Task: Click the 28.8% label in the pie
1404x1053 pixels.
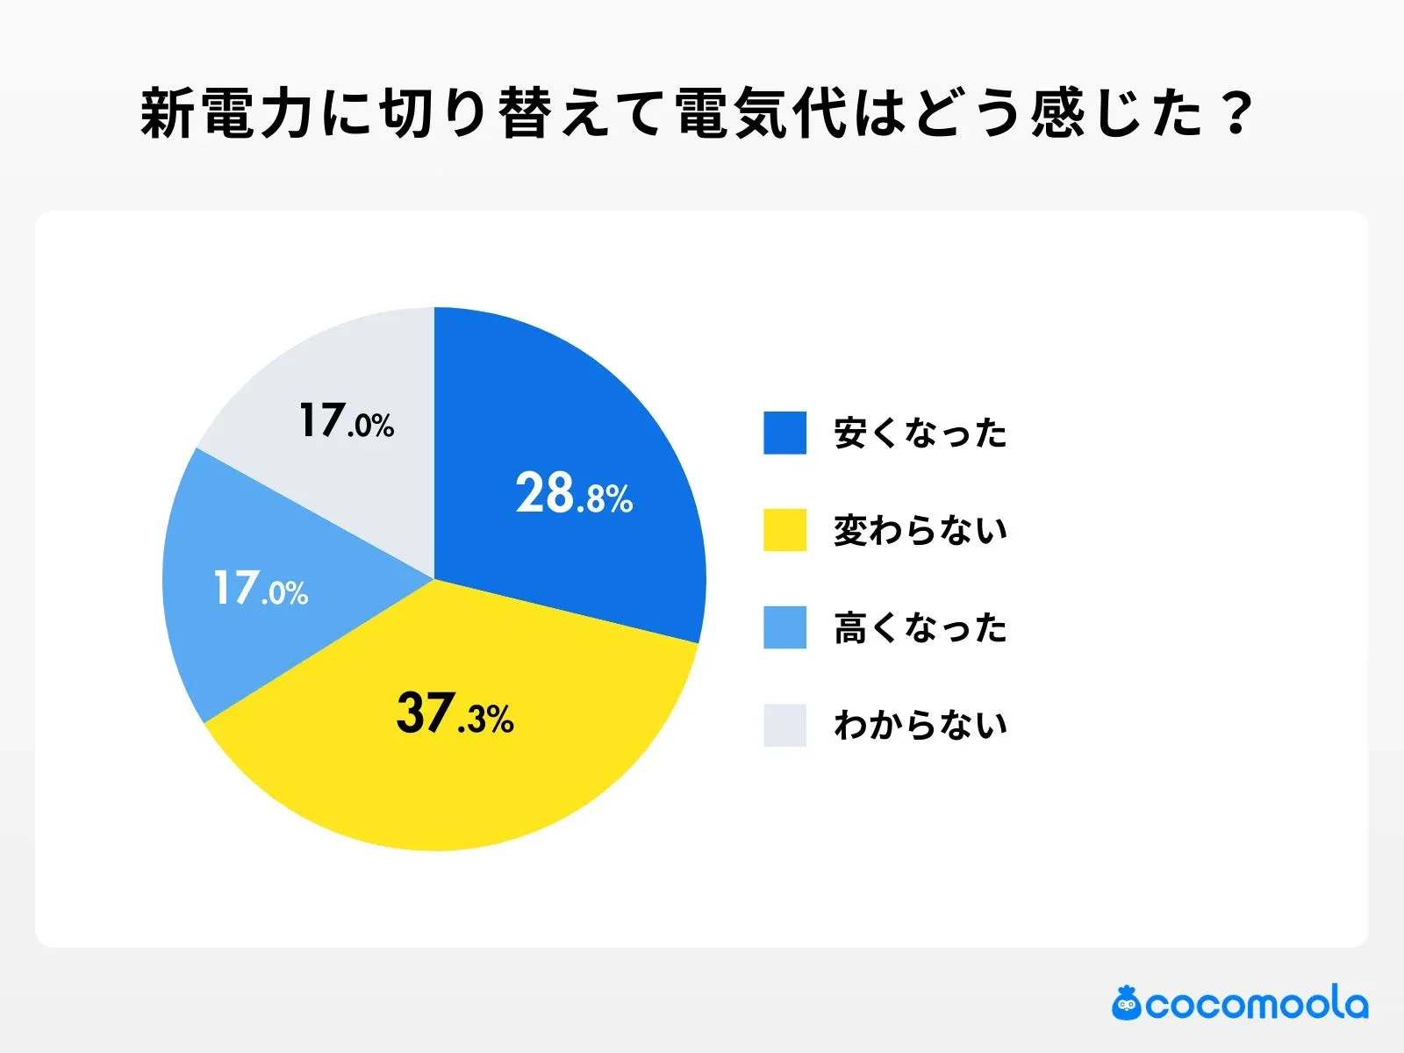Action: [x=574, y=493]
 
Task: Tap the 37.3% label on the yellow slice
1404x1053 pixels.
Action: [x=455, y=713]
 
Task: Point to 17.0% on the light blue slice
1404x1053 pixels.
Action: [x=261, y=588]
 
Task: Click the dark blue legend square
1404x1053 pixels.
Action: [x=784, y=433]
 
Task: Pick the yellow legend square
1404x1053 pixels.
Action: [x=784, y=530]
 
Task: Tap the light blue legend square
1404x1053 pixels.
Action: [x=784, y=627]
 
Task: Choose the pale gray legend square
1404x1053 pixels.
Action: [x=784, y=725]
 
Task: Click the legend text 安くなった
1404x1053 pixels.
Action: [x=920, y=433]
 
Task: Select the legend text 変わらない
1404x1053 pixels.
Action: [x=920, y=530]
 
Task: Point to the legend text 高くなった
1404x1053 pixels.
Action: [x=920, y=628]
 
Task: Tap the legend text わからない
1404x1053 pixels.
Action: [x=920, y=725]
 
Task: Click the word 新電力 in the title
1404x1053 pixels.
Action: [x=227, y=114]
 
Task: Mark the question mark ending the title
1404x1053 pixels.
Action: [x=1238, y=114]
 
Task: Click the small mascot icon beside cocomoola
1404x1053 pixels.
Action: [x=1127, y=1003]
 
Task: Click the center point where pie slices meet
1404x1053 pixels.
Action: [x=434, y=579]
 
